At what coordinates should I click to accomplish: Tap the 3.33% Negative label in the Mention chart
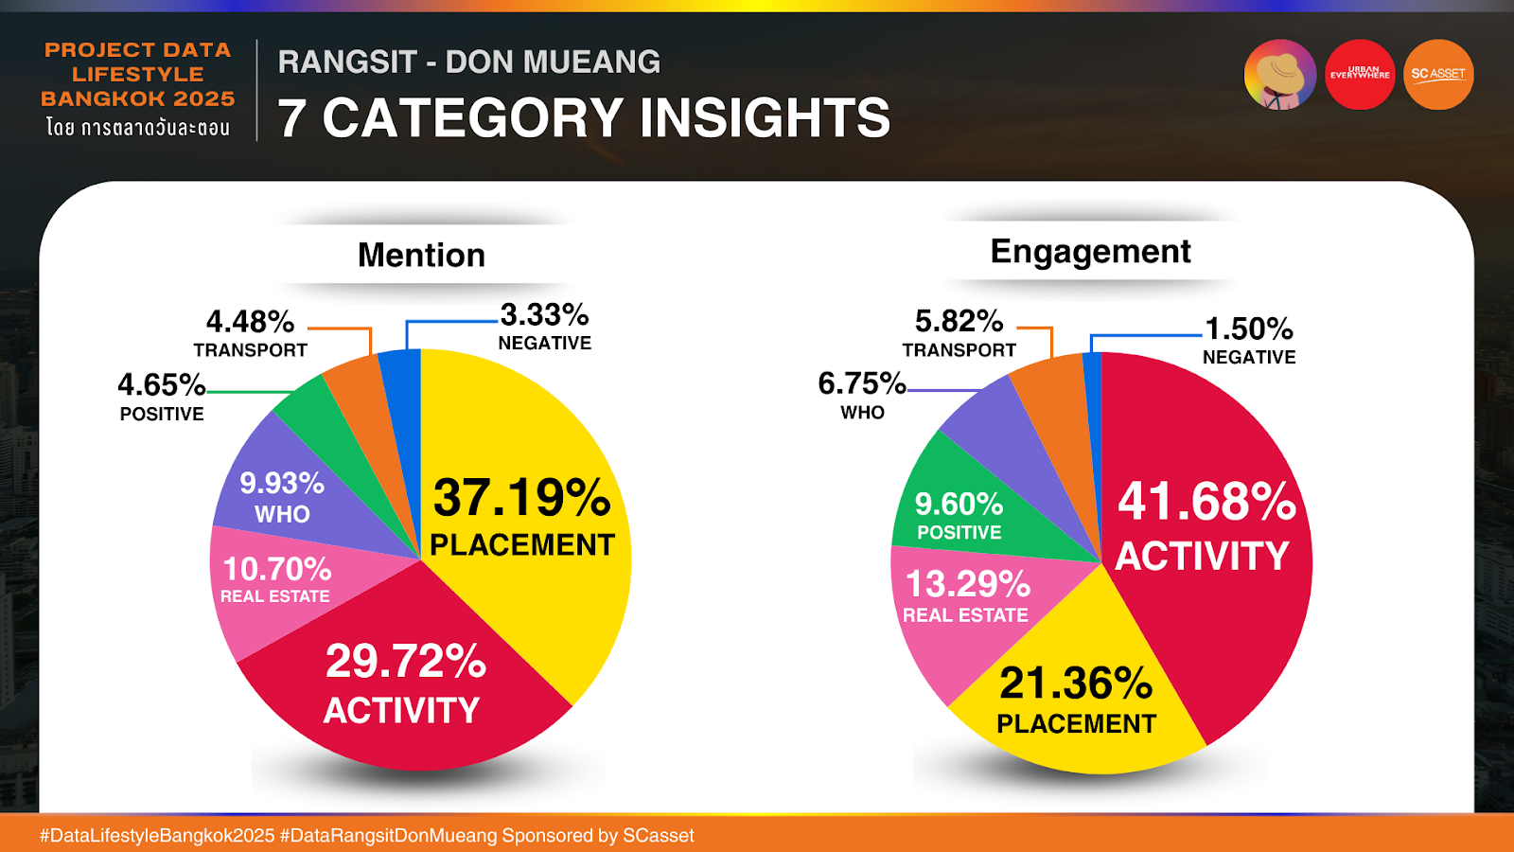pyautogui.click(x=544, y=326)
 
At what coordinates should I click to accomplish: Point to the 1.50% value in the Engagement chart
pyautogui.click(x=1248, y=328)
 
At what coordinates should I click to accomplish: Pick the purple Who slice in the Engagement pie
pyautogui.click(x=984, y=417)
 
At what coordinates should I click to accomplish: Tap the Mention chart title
pyautogui.click(x=421, y=255)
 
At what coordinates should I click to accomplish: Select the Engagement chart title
pyautogui.click(x=1090, y=251)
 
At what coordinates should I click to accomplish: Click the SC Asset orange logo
pyautogui.click(x=1437, y=74)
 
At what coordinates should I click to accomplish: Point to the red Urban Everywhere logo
pyautogui.click(x=1360, y=74)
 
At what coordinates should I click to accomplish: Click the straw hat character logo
pyautogui.click(x=1280, y=74)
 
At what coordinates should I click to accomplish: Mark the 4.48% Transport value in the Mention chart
pyautogui.click(x=250, y=322)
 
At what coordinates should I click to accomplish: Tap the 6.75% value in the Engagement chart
pyautogui.click(x=861, y=383)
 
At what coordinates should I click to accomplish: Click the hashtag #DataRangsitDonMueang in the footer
pyautogui.click(x=388, y=836)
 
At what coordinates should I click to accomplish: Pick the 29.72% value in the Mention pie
pyautogui.click(x=405, y=661)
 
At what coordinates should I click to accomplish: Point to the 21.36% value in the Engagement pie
pyautogui.click(x=1076, y=683)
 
